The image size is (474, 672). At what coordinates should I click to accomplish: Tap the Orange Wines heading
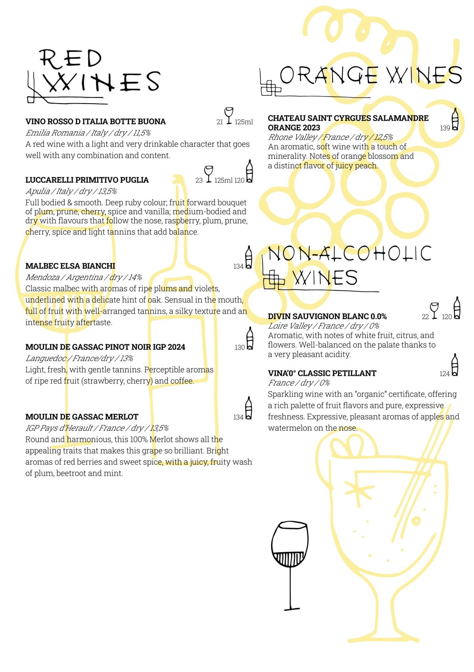click(x=370, y=76)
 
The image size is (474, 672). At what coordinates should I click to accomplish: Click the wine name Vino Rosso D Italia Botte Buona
click(x=96, y=121)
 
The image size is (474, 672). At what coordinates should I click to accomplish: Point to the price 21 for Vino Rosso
click(x=220, y=122)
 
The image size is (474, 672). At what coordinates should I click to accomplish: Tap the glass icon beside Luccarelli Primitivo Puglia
click(x=209, y=174)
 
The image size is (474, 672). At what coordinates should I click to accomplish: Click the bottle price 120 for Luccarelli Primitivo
click(x=239, y=180)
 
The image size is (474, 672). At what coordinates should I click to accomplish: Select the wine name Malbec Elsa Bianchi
click(x=70, y=266)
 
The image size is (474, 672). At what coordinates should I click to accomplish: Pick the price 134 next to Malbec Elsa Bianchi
click(x=238, y=267)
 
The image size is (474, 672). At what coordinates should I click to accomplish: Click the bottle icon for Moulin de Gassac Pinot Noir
click(x=250, y=338)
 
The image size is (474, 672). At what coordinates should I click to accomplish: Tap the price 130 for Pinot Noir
click(x=239, y=347)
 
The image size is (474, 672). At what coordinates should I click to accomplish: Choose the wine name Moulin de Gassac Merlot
click(x=82, y=417)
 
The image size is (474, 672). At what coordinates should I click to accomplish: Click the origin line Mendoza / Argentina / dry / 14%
click(x=83, y=277)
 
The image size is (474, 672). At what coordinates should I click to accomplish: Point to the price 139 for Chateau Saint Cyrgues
click(x=445, y=128)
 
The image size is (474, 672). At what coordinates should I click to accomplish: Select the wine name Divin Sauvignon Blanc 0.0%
click(x=327, y=316)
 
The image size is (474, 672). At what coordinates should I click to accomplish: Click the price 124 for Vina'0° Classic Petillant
click(x=444, y=374)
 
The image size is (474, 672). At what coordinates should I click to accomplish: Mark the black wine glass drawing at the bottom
click(x=290, y=565)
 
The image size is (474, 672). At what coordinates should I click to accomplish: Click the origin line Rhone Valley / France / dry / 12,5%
click(x=330, y=137)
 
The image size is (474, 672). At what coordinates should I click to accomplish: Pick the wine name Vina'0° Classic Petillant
click(x=322, y=373)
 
